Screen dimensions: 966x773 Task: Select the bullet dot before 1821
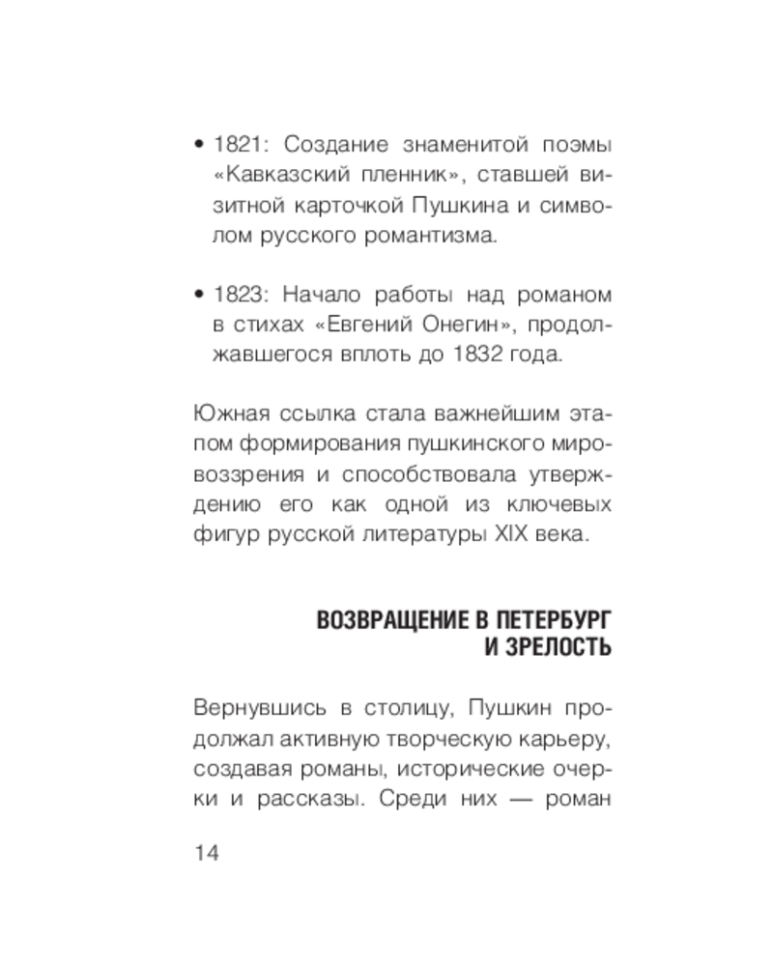click(x=199, y=147)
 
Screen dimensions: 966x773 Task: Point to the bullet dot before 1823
click(x=199, y=295)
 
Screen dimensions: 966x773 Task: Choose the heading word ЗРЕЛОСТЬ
click(x=558, y=647)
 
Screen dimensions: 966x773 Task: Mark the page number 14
click(x=208, y=853)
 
